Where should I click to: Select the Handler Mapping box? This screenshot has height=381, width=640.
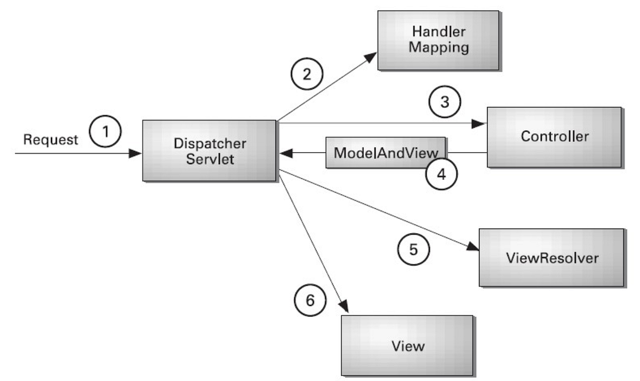point(438,40)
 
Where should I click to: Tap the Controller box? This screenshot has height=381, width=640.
point(554,137)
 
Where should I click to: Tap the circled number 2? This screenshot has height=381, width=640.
point(306,74)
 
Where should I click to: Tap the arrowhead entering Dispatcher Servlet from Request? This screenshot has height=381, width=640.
point(136,154)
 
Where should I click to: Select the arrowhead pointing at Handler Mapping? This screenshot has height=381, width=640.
point(371,57)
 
